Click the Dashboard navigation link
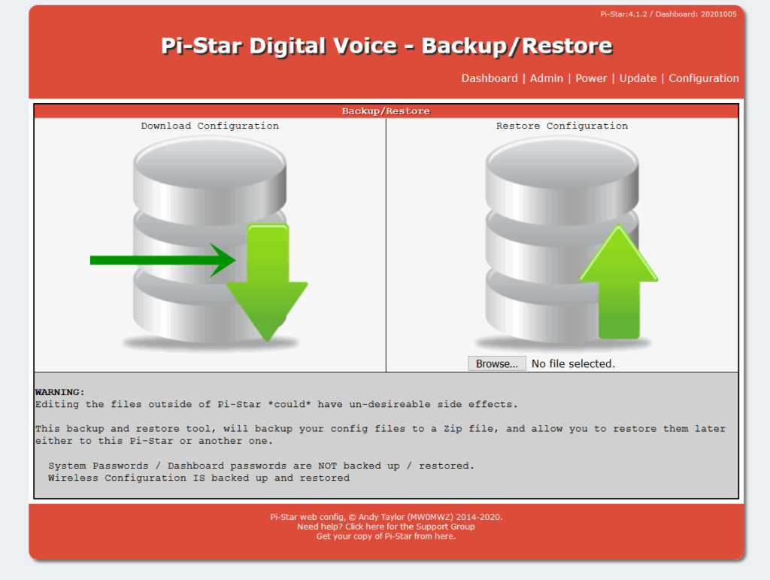[489, 78]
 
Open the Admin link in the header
[546, 78]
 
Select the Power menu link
[591, 78]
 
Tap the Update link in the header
[638, 78]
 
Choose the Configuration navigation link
[703, 78]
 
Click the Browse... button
[496, 363]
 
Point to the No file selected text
[573, 363]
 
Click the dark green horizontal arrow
[162, 260]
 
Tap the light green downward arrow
[267, 282]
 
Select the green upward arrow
[618, 282]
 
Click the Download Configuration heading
[210, 126]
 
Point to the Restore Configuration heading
[562, 126]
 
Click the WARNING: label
[60, 392]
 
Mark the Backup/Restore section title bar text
[386, 111]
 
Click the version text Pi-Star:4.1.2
[623, 14]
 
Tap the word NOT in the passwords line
[327, 466]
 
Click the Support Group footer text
[445, 527]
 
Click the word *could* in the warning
[290, 404]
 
